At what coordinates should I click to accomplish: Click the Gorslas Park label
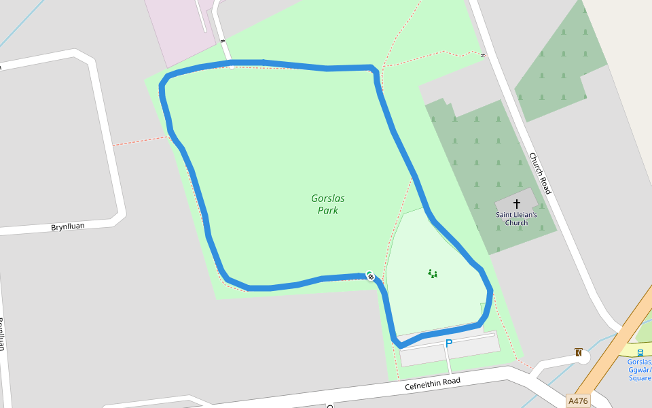click(328, 205)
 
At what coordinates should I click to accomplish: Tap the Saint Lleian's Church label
click(516, 219)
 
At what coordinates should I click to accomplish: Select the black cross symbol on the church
click(516, 203)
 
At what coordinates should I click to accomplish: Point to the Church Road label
click(540, 173)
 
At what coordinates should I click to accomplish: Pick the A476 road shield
click(577, 401)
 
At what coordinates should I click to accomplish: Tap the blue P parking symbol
click(448, 344)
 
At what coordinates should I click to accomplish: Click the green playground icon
click(433, 274)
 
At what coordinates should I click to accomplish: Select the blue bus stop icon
click(640, 352)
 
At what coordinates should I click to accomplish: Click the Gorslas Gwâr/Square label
click(640, 369)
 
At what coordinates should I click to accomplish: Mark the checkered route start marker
click(370, 275)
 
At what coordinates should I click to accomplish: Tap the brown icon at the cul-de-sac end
click(578, 352)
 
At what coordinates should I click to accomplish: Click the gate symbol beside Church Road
click(482, 55)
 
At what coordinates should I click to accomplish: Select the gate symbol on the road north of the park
click(222, 41)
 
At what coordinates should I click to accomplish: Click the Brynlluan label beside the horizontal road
click(68, 226)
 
